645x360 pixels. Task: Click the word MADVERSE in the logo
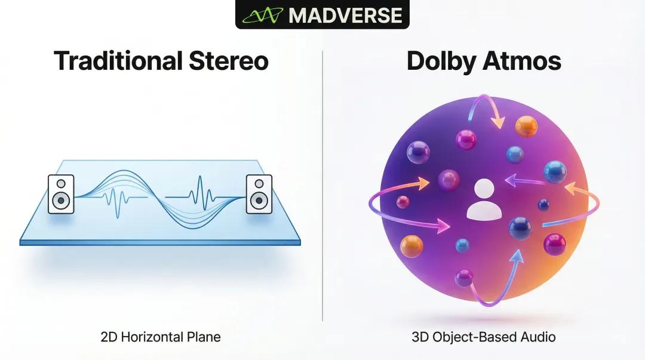click(346, 15)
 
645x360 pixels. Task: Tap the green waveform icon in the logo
click(262, 16)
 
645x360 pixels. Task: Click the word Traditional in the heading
click(118, 61)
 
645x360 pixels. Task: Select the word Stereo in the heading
click(229, 61)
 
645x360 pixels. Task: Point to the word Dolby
click(441, 61)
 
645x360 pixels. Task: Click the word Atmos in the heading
click(521, 61)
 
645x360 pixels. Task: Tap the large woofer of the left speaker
click(61, 201)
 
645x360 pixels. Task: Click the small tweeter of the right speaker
click(259, 183)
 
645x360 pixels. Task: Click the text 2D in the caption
click(109, 337)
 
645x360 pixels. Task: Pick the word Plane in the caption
click(204, 337)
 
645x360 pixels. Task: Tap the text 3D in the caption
click(420, 337)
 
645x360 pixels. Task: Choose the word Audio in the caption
click(538, 337)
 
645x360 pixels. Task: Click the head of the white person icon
click(484, 189)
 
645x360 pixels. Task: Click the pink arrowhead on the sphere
click(443, 226)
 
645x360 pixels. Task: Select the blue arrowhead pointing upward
click(517, 256)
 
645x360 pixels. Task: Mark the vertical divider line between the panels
click(322, 186)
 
